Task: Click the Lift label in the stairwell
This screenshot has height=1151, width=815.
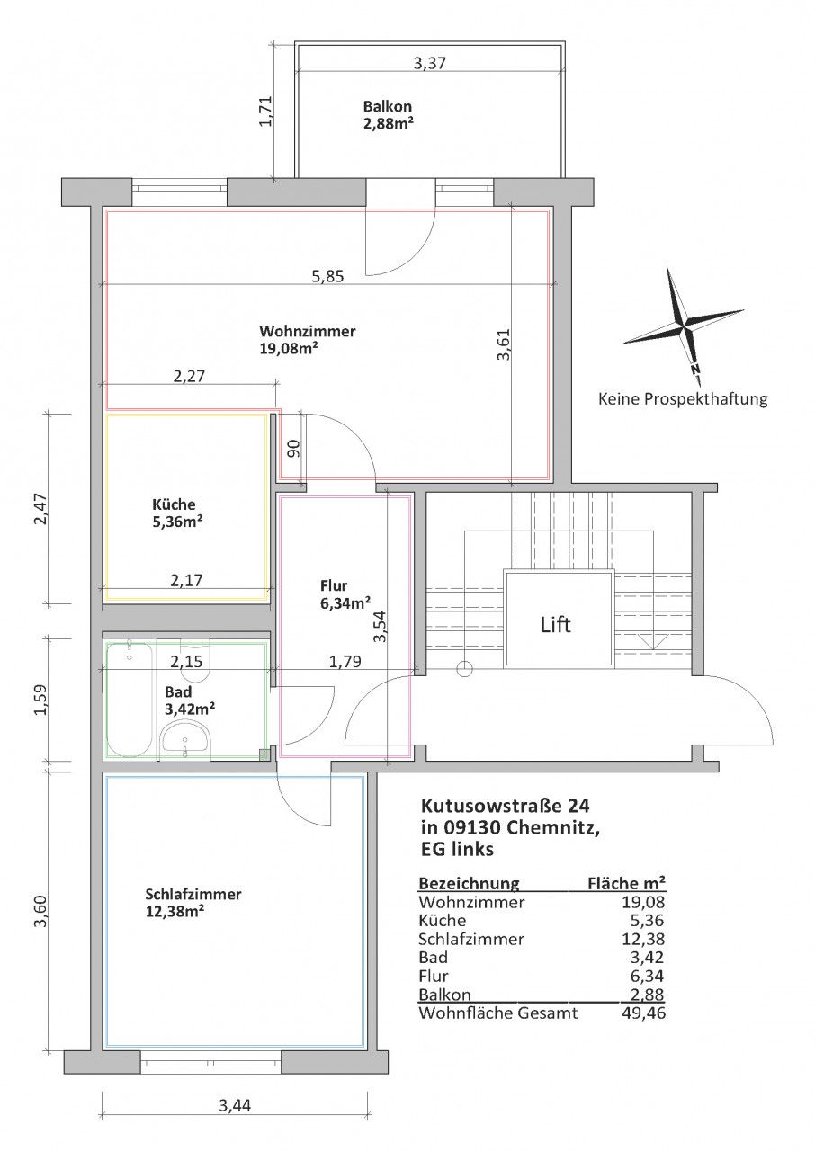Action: [x=556, y=625]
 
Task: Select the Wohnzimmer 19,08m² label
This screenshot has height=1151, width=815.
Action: [x=307, y=340]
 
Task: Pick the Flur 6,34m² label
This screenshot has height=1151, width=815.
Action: [x=345, y=594]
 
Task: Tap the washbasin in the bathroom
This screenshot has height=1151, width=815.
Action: [x=185, y=739]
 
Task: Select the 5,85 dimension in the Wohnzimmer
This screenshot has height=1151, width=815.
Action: [x=327, y=277]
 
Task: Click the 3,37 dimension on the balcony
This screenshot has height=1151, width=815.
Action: [x=430, y=63]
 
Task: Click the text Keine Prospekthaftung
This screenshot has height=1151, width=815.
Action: [x=683, y=398]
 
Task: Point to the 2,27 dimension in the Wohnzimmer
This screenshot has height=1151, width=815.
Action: [x=189, y=376]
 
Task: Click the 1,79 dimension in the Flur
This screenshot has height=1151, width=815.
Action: [x=345, y=661]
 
